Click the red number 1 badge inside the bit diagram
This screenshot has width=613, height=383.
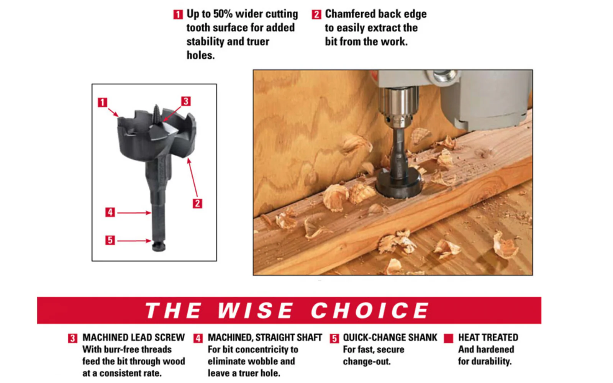pyautogui.click(x=102, y=102)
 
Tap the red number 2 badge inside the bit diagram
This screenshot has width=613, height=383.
pyautogui.click(x=197, y=203)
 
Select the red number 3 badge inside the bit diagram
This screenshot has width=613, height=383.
pyautogui.click(x=186, y=101)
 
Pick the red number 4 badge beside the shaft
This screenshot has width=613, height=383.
pyautogui.click(x=110, y=212)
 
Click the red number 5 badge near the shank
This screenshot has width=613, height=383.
pyautogui.click(x=110, y=240)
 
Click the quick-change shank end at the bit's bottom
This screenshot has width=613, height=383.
pyautogui.click(x=159, y=246)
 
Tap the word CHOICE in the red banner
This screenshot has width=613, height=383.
pyautogui.click(x=370, y=311)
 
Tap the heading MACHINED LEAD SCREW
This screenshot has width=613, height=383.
pyautogui.click(x=134, y=337)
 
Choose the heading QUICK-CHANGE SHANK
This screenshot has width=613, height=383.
pyautogui.click(x=390, y=337)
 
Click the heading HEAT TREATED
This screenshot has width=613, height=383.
pyautogui.click(x=488, y=337)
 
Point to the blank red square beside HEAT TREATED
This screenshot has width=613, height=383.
pyautogui.click(x=449, y=338)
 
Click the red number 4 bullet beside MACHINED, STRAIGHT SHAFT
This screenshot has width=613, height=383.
pyautogui.click(x=198, y=338)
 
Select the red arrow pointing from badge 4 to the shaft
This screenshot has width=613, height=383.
pyautogui.click(x=134, y=213)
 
